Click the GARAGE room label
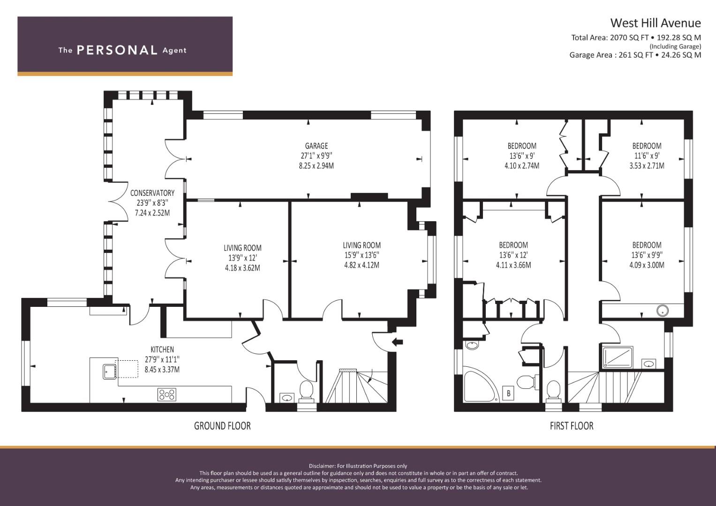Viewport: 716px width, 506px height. (x=316, y=146)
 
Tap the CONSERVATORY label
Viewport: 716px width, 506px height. (x=152, y=193)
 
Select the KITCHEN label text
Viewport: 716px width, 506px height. (x=162, y=350)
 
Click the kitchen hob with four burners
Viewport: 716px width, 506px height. (x=167, y=395)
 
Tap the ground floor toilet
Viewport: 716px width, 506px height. (x=306, y=391)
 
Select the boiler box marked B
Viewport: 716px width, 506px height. (x=508, y=394)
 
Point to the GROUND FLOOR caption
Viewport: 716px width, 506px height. (x=222, y=426)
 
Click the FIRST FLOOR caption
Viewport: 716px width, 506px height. (x=571, y=426)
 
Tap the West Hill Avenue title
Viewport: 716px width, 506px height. (x=655, y=23)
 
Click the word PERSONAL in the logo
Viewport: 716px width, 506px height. (x=117, y=50)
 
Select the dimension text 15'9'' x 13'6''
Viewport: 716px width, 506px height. (x=361, y=255)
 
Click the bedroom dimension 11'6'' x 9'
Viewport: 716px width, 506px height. (x=647, y=156)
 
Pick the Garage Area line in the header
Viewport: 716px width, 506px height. (x=635, y=55)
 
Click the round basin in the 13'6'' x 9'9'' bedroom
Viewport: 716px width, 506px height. (x=663, y=310)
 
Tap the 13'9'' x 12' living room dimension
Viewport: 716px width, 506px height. (x=242, y=258)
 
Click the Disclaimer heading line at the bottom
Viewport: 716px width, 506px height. (x=358, y=466)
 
